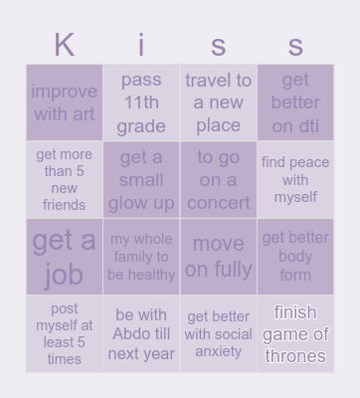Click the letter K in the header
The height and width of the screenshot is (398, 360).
click(65, 45)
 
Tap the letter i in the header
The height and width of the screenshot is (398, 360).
click(141, 45)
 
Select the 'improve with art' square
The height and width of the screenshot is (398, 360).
click(65, 102)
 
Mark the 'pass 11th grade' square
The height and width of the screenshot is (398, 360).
click(141, 102)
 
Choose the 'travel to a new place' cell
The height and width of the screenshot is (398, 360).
click(219, 102)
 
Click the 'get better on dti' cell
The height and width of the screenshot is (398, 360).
click(295, 102)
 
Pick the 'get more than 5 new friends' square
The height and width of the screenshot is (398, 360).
click(65, 180)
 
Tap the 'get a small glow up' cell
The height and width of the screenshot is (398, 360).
click(141, 180)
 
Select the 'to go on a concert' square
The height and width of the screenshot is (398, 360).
click(219, 180)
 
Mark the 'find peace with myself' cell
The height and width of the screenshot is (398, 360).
click(295, 180)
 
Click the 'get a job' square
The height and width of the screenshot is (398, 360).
click(65, 257)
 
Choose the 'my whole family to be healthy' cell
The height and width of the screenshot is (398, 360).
click(141, 257)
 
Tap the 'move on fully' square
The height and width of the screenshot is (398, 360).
click(219, 257)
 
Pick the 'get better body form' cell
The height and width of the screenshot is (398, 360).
click(295, 257)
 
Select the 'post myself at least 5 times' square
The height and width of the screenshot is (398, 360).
click(65, 334)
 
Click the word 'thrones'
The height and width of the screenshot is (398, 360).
click(295, 356)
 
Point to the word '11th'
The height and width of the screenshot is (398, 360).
click(141, 102)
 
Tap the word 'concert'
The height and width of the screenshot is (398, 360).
click(219, 203)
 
